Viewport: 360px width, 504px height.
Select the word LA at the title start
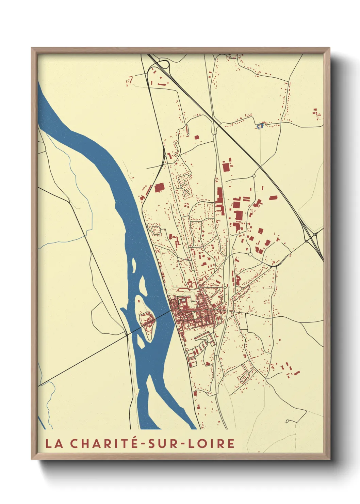(x=54, y=444)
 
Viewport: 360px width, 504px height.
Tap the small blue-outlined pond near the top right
(x=260, y=126)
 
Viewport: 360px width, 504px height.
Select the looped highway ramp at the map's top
(x=164, y=64)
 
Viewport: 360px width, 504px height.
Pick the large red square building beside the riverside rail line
(x=159, y=188)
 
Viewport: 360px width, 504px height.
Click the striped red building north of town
(x=186, y=129)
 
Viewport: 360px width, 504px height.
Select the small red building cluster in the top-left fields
(x=129, y=81)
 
